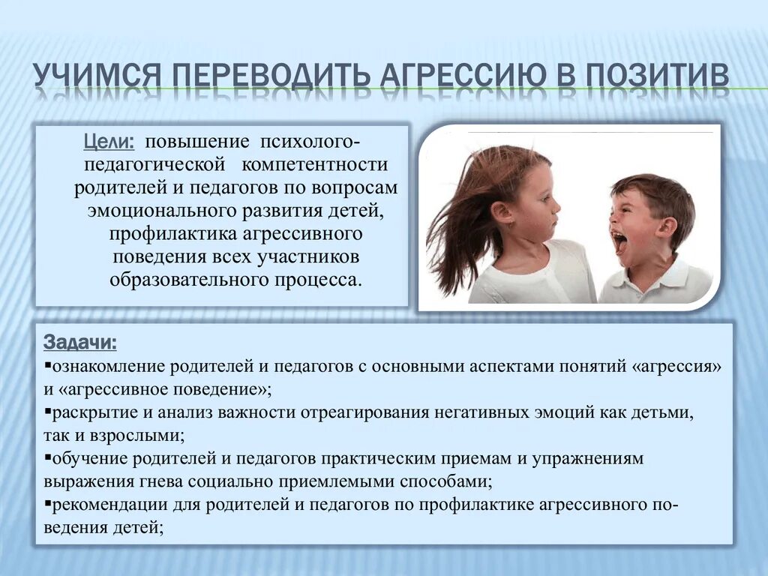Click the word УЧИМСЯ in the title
click(97, 79)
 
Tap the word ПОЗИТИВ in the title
click(657, 79)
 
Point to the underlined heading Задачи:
click(80, 343)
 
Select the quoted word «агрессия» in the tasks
click(679, 366)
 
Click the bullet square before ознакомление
click(47, 367)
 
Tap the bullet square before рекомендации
click(47, 504)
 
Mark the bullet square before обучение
click(47, 458)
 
